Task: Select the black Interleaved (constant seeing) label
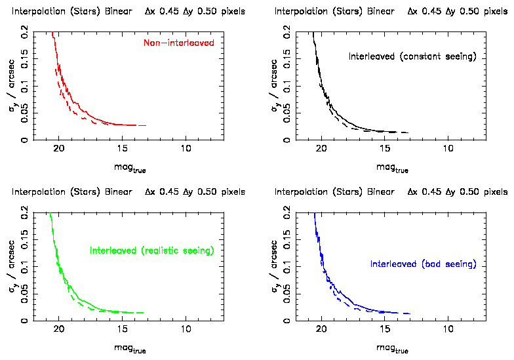(x=412, y=57)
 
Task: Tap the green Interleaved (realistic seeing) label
(x=152, y=250)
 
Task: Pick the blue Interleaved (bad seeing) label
(x=423, y=264)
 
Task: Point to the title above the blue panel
(x=391, y=192)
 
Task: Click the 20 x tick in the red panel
(x=58, y=148)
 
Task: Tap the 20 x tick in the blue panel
(x=322, y=329)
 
